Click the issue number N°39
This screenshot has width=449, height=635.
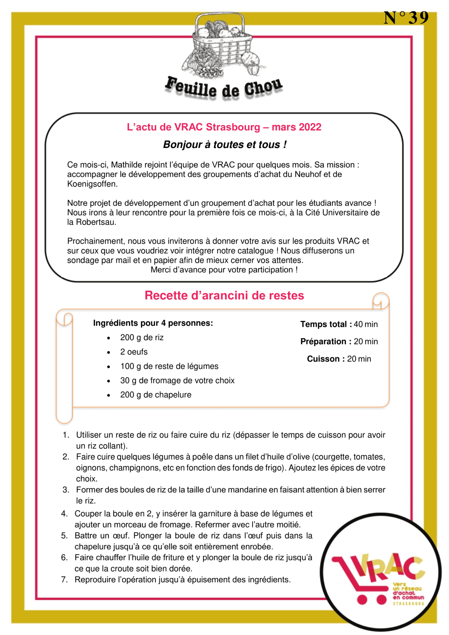tap(406, 18)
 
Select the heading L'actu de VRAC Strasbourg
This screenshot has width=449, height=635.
tap(224, 127)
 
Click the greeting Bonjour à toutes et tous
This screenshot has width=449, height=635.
tap(225, 145)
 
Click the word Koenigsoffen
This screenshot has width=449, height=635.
tap(92, 184)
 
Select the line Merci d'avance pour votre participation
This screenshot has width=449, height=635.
tap(224, 270)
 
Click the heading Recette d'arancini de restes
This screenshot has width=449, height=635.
tap(224, 295)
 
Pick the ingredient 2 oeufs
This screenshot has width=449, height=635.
tap(134, 352)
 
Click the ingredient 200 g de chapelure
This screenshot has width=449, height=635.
tap(156, 395)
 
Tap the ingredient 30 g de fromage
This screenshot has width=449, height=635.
tap(177, 380)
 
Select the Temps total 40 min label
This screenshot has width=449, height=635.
tap(339, 324)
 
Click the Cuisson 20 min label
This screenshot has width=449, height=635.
tap(339, 359)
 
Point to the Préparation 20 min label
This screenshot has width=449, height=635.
tap(339, 341)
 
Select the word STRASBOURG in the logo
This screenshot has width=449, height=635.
tap(408, 604)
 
